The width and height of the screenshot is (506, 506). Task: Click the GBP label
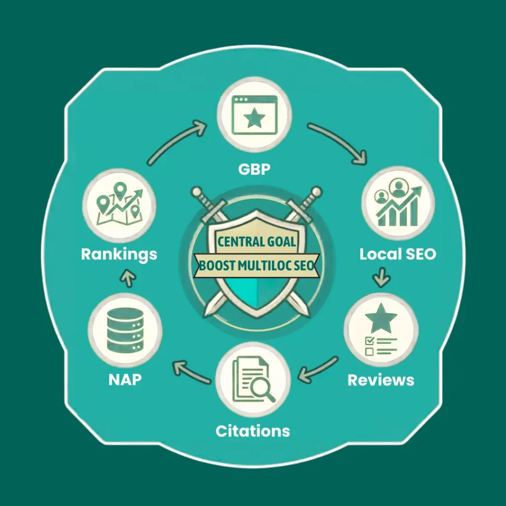[x=254, y=169]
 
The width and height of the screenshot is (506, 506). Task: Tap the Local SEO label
[x=398, y=254]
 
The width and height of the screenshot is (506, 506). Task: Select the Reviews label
[x=381, y=380]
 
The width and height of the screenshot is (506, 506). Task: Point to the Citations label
[x=253, y=431]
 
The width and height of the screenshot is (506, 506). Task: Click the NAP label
[x=125, y=379]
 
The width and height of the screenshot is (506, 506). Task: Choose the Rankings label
[x=119, y=254]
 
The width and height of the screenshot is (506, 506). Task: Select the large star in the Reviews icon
[x=381, y=318]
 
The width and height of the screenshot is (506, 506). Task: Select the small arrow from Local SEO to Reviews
[x=382, y=277]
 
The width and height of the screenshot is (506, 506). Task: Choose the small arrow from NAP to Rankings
[x=128, y=278]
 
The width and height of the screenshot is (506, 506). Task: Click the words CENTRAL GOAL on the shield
[x=256, y=241]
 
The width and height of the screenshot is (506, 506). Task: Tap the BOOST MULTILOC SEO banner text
[x=256, y=265]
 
